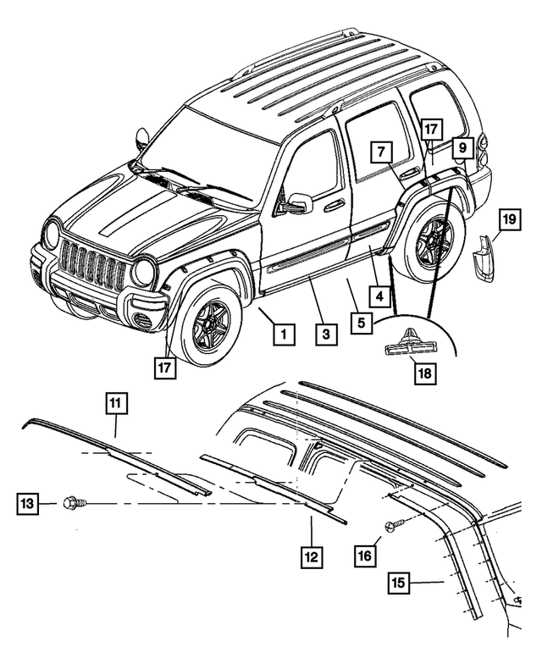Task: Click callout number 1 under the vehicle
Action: click(x=285, y=335)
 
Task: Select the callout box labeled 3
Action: click(x=324, y=335)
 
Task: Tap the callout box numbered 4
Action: click(x=380, y=297)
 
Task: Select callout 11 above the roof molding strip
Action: click(x=116, y=404)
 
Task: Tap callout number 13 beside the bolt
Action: click(x=27, y=504)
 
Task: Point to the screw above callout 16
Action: click(x=392, y=526)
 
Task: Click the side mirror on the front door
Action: click(x=298, y=203)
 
